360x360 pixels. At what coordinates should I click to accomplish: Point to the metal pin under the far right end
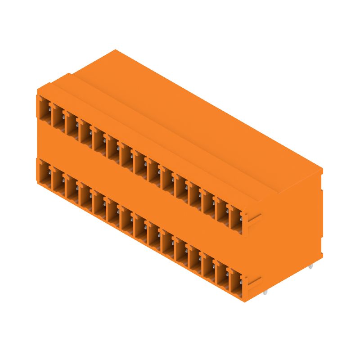[310, 266]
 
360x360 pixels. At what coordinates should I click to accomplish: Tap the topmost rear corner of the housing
[116, 50]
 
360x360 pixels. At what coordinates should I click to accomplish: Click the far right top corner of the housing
[322, 169]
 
